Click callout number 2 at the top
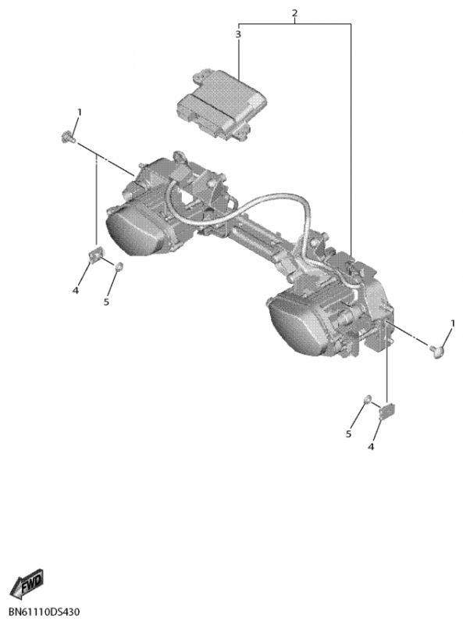(294, 12)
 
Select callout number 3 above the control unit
(238, 34)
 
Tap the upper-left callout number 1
(79, 112)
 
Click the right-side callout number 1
(453, 323)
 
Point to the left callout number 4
(75, 291)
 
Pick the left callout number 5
(106, 302)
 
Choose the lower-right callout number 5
(348, 434)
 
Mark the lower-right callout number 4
(371, 447)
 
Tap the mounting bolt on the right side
(436, 352)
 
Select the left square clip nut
(95, 255)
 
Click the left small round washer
(119, 266)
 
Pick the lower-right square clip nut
(386, 412)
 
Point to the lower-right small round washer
(368, 399)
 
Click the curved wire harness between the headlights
(239, 203)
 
